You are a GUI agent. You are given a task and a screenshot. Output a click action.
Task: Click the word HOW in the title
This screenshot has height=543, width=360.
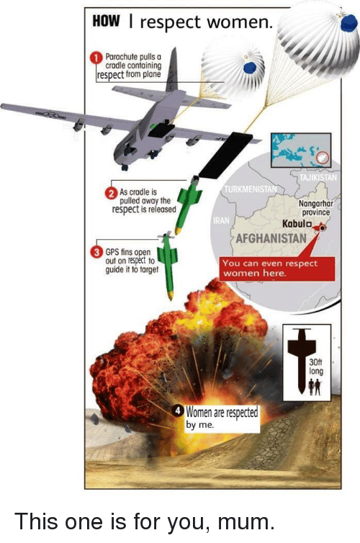point(106,22)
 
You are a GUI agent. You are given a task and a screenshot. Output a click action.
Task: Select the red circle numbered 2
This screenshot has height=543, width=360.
point(110,193)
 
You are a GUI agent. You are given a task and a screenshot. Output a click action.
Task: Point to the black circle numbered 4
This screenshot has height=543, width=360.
point(179,411)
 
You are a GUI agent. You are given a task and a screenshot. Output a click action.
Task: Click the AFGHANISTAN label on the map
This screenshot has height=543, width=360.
point(271,238)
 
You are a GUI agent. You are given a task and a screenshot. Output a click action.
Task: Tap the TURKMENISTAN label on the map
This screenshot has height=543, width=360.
point(251,189)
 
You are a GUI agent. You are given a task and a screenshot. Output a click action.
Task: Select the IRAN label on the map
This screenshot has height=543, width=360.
point(221,220)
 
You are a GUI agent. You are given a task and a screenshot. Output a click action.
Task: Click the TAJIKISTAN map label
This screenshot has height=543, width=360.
point(318,178)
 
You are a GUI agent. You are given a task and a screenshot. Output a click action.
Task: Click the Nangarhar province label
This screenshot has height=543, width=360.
point(315,208)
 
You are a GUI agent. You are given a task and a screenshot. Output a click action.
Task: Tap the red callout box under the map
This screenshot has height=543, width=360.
point(277,269)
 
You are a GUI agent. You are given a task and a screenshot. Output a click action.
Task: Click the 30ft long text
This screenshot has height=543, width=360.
point(316,367)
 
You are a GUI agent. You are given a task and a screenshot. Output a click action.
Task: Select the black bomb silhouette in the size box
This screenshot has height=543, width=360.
point(301,360)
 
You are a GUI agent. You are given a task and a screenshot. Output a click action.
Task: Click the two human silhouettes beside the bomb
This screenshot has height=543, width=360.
point(315,387)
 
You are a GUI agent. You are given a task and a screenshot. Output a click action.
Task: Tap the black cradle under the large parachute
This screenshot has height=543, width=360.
point(225,156)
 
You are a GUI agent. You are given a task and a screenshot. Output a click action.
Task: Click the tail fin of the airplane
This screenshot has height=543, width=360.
point(172,71)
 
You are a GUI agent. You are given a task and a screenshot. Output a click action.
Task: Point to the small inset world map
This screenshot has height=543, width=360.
point(301,151)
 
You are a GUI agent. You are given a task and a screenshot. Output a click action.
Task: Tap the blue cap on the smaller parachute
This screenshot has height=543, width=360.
point(249,68)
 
